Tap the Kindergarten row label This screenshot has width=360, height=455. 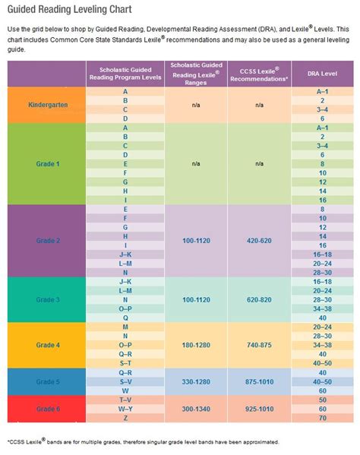pyautogui.click(x=46, y=105)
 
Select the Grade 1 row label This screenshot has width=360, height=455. pyautogui.click(x=46, y=163)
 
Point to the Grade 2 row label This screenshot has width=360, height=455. pyautogui.click(x=46, y=239)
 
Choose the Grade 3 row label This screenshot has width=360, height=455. pyautogui.click(x=46, y=300)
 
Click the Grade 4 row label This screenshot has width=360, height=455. pyautogui.click(x=46, y=344)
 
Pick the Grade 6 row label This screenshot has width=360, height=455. pyautogui.click(x=46, y=409)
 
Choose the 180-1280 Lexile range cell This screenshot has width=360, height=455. pyautogui.click(x=195, y=344)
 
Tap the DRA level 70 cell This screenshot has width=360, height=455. pyautogui.click(x=322, y=419)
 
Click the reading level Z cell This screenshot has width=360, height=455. pyautogui.click(x=124, y=419)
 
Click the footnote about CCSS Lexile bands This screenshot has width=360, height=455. pyautogui.click(x=144, y=441)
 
